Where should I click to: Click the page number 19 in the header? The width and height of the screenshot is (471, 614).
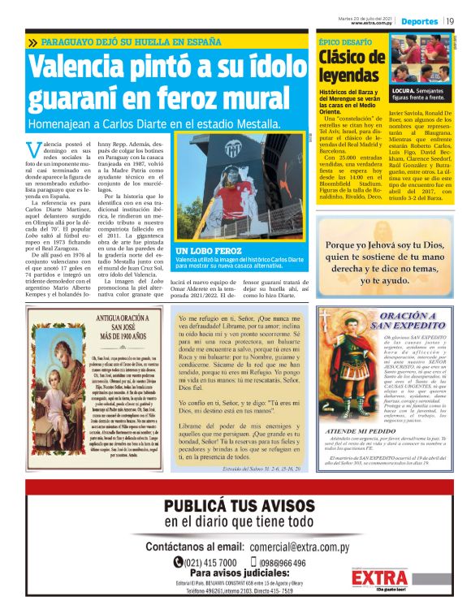click(x=450, y=20)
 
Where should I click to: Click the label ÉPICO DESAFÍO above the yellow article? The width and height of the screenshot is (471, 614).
click(x=340, y=39)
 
